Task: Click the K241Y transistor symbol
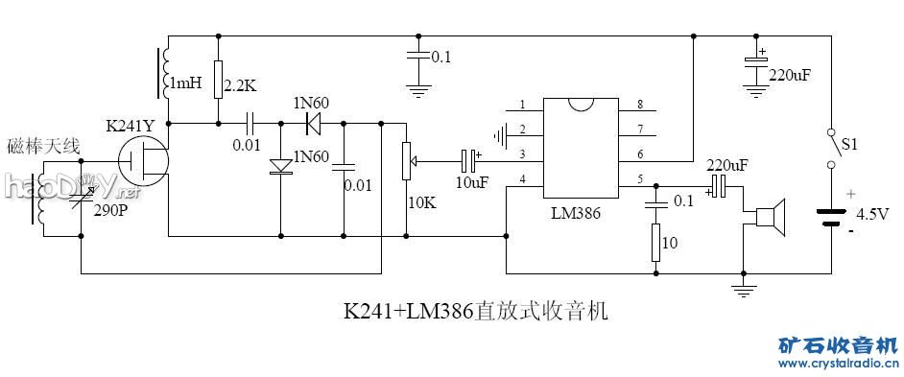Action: [x=145, y=158]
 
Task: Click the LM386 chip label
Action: [x=576, y=214]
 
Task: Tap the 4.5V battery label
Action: [x=872, y=213]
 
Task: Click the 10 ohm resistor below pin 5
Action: [x=656, y=244]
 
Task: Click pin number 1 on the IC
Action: [x=522, y=105]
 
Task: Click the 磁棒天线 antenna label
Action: [x=43, y=146]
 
